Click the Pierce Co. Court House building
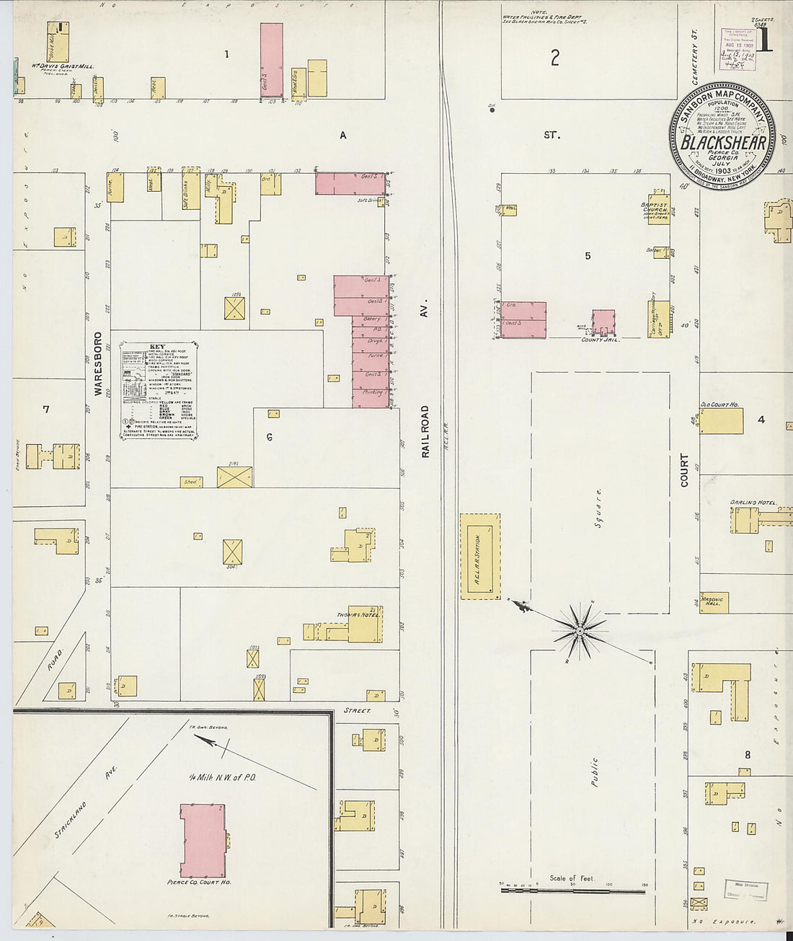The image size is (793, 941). point(203,840)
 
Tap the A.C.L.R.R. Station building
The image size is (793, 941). point(480,556)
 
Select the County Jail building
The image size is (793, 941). point(603,322)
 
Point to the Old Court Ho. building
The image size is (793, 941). point(721,420)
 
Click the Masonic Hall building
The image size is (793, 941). point(714,602)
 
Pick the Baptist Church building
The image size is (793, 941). point(658,209)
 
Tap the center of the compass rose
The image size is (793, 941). point(580,632)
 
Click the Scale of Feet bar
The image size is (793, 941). point(572,891)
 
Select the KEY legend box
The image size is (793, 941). point(159,390)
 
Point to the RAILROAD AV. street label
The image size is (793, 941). point(425,431)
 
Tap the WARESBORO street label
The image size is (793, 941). point(99,363)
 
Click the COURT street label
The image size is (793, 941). point(684,469)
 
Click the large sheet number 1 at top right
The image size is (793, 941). point(765,41)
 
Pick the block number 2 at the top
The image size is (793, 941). point(554,58)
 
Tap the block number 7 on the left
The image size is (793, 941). point(46,410)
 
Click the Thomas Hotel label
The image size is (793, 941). point(358,615)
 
